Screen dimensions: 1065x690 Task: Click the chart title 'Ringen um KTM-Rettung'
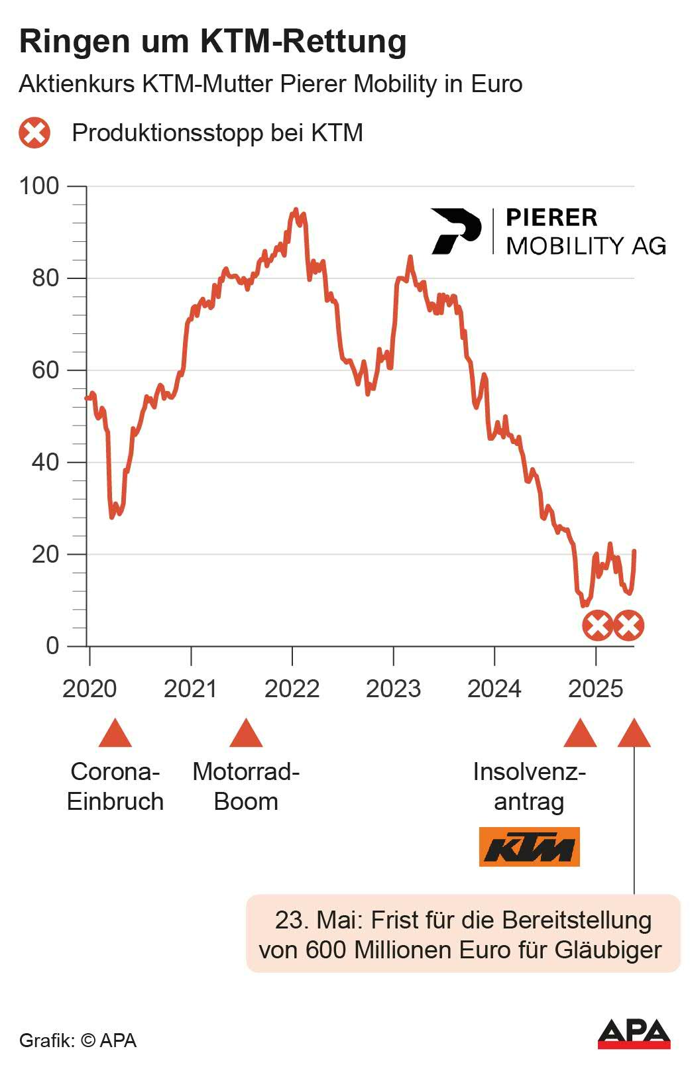click(213, 41)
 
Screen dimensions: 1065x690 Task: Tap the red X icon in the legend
click(34, 133)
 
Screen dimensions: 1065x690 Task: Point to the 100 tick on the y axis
click(39, 186)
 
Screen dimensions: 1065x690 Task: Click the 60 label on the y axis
click(45, 370)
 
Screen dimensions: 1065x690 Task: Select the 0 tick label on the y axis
click(52, 645)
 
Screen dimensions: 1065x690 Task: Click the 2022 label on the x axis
click(292, 689)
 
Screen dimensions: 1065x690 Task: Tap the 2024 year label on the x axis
click(494, 689)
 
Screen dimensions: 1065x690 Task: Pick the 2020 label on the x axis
click(89, 689)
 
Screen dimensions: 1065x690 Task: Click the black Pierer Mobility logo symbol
click(455, 231)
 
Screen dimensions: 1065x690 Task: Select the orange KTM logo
click(529, 846)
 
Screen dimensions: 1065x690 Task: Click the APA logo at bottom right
click(634, 1034)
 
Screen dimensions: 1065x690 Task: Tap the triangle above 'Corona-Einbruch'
click(115, 734)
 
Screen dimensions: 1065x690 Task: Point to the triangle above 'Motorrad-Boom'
click(246, 734)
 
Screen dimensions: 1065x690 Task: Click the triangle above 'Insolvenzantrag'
click(580, 734)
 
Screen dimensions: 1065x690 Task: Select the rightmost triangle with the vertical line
click(634, 734)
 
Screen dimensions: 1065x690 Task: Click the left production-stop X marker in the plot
click(597, 626)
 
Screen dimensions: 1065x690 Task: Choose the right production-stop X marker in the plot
click(628, 626)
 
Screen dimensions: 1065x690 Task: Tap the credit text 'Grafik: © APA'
click(78, 1040)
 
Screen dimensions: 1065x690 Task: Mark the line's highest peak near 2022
click(296, 210)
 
